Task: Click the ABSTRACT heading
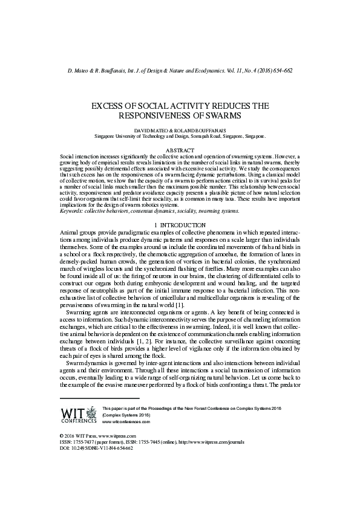(180, 150)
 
